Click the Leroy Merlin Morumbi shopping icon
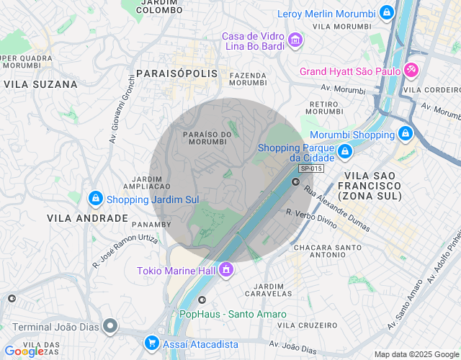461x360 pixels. click(388, 12)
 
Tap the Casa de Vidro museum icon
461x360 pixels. click(294, 40)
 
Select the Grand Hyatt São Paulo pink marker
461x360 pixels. click(411, 70)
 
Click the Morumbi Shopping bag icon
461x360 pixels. click(406, 133)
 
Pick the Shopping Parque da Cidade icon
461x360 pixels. click(346, 151)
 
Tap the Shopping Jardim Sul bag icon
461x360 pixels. click(95, 198)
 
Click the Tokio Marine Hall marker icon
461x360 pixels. click(226, 269)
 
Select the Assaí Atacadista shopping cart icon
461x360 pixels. click(151, 343)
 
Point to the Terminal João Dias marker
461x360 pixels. click(109, 326)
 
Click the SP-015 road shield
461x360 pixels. click(311, 168)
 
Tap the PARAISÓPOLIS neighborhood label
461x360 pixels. click(176, 73)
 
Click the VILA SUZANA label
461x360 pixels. click(40, 84)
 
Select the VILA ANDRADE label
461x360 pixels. click(87, 217)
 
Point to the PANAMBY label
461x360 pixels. click(151, 225)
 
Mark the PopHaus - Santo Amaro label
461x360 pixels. click(233, 314)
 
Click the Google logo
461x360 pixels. click(23, 351)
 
